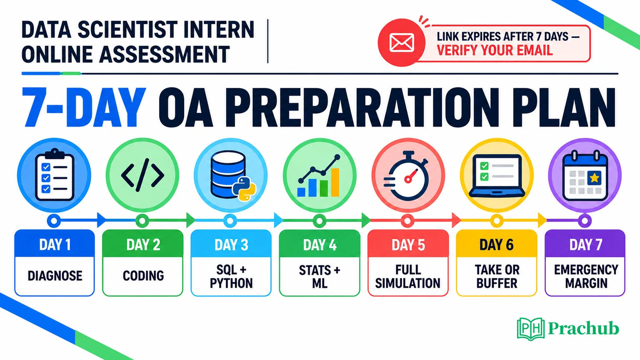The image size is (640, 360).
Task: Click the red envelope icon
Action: [401, 43]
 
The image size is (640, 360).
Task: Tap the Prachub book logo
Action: [530, 329]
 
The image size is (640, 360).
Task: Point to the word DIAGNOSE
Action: [55, 276]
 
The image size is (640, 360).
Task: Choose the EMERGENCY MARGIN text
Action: [586, 276]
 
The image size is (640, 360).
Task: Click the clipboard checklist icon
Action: [55, 175]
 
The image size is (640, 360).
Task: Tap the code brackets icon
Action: [142, 175]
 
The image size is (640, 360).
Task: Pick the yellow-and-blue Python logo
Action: [244, 189]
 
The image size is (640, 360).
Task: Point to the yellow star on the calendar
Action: [594, 178]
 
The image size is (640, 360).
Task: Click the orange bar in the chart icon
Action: [335, 182]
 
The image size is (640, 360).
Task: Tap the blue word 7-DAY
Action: [83, 107]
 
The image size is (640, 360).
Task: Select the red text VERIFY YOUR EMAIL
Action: [495, 50]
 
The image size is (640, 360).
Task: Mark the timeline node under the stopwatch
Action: [408, 220]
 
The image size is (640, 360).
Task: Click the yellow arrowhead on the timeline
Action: [542, 220]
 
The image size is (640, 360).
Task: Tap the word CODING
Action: [143, 276]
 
